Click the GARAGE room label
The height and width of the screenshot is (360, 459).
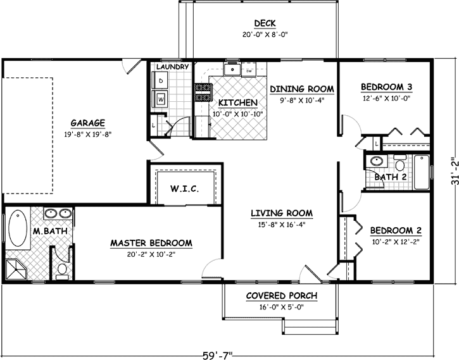[x=88, y=123]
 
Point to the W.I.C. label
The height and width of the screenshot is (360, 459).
[x=185, y=189]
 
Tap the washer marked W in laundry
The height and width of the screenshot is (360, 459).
[x=161, y=99]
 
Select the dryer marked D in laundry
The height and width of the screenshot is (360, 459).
[x=161, y=82]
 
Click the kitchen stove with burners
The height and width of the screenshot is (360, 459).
[x=204, y=93]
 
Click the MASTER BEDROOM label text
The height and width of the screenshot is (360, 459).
[x=151, y=243]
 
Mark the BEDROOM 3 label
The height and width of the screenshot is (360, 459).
[x=386, y=87]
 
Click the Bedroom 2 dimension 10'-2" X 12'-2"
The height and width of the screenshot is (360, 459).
[x=396, y=240]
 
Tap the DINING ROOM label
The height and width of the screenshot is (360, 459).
[x=301, y=89]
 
